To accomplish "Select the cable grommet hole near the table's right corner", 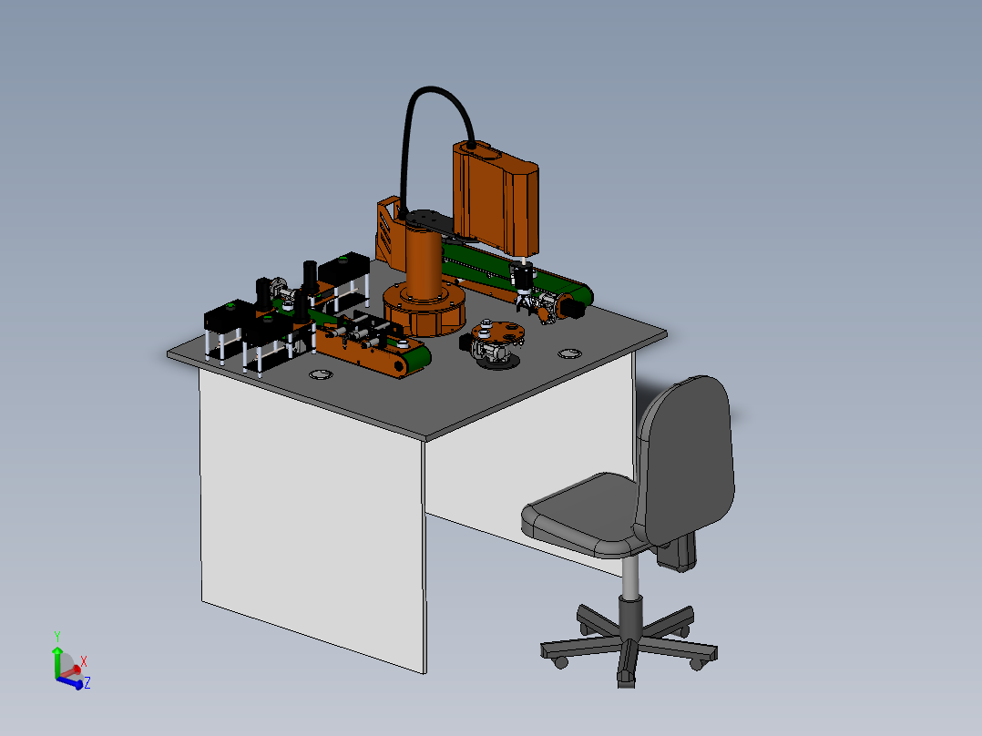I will coord(570,352).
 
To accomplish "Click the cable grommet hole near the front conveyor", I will coord(322,374).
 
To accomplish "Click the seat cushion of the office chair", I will coord(583,515).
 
